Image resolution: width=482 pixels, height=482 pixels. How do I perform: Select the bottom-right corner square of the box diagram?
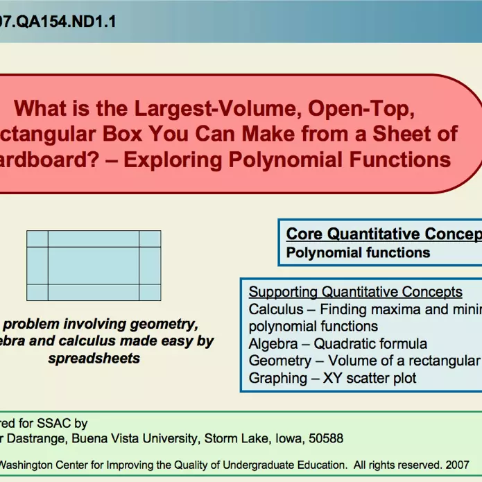150,292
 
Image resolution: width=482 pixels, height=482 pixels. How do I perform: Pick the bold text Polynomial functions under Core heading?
358,253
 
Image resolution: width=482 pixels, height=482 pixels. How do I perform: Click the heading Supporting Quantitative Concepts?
355,292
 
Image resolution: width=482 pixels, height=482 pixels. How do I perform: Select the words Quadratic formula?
370,343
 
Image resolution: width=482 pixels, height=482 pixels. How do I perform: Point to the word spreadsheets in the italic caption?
94,359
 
